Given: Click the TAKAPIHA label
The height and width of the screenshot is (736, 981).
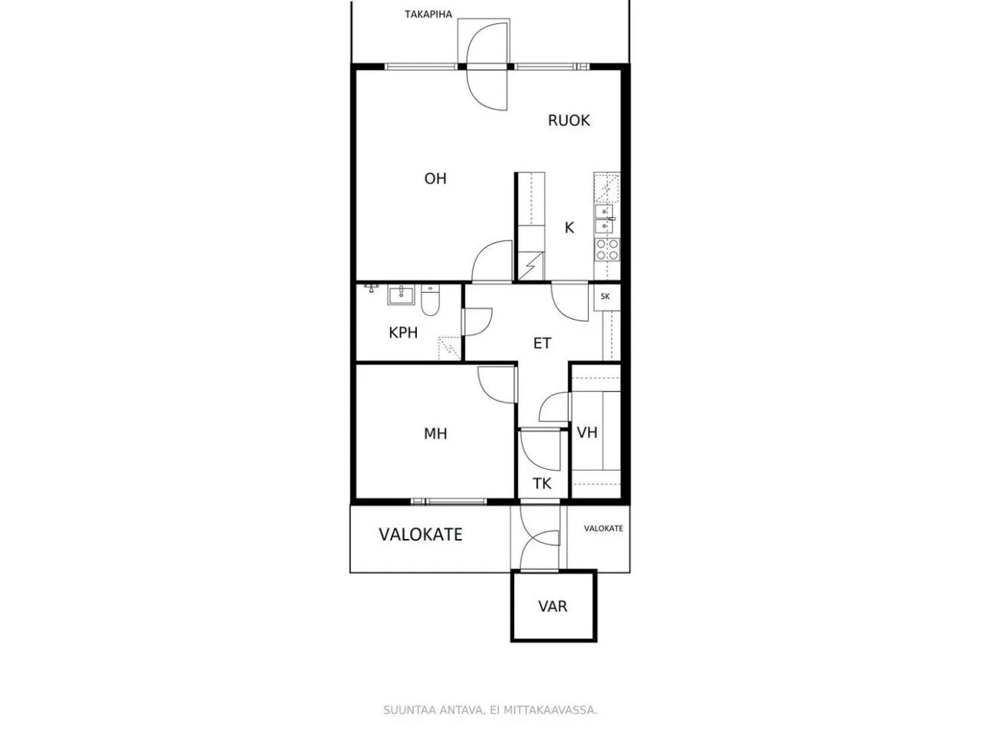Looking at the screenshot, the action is tap(428, 15).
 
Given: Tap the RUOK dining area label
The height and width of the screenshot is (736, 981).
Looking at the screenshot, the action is tap(569, 120).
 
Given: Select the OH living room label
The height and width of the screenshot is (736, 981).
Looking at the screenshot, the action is tap(435, 179).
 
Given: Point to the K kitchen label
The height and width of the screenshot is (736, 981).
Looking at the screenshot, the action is tap(569, 228).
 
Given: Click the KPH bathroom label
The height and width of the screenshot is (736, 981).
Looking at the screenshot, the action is tap(403, 333).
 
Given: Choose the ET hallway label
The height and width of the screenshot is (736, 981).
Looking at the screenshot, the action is tap(542, 343).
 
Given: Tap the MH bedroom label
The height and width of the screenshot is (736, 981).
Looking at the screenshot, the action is tap(435, 433).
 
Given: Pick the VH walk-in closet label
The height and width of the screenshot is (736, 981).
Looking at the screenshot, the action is tap(587, 432).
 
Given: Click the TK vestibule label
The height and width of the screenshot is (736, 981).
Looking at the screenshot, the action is tap(542, 484).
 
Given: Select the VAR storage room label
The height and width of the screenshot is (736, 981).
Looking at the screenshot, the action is tap(553, 606).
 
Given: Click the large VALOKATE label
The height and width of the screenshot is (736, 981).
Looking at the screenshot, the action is tap(421, 534).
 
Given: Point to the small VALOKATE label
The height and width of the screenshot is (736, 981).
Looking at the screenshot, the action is tap(603, 528).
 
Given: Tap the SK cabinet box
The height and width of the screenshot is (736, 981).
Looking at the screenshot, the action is tap(606, 297).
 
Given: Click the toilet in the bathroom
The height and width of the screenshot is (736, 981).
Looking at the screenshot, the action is tap(431, 301).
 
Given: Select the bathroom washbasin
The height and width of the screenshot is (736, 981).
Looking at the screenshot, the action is tap(401, 295).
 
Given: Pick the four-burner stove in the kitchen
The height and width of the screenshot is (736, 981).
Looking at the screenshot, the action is tap(607, 250).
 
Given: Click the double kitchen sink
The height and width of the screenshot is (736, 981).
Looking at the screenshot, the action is tap(604, 219).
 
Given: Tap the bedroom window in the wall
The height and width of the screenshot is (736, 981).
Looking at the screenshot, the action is tap(448, 501).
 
